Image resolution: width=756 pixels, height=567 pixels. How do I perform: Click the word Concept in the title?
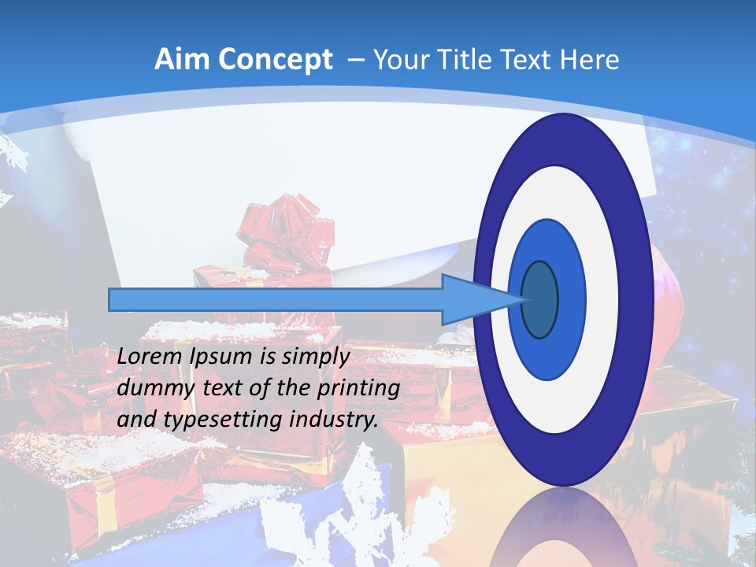click(275, 60)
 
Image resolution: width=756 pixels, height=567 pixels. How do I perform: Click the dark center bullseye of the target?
click(539, 300)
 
